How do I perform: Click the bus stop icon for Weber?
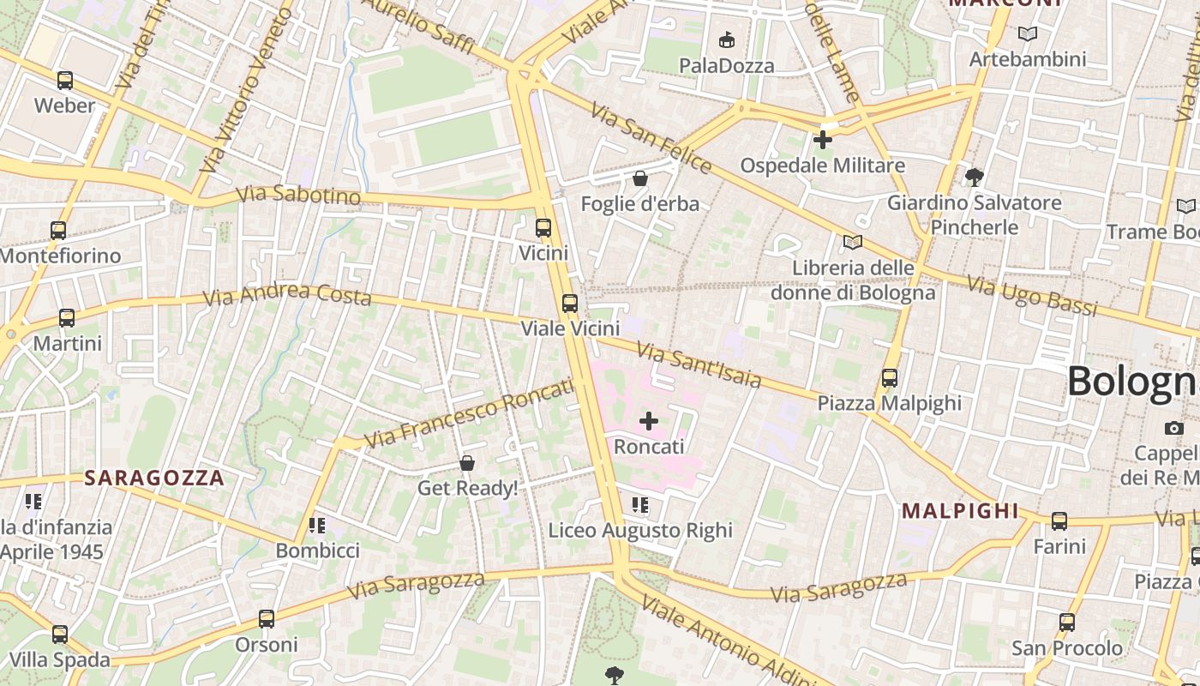coord(64,81)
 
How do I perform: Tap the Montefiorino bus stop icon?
coord(57,231)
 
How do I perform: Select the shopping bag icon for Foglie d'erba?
coord(639,178)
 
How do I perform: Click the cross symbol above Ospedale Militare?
coord(823,139)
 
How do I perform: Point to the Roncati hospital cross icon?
coord(649,421)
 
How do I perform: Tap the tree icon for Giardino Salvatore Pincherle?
coord(974,178)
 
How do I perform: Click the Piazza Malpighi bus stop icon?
coord(890,377)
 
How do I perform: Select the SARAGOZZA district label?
coord(154,478)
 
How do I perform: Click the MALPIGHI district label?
coord(960,512)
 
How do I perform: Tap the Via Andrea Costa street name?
coord(287,295)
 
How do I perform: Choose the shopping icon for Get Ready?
coord(467,463)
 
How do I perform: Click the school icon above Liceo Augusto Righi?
coord(639,505)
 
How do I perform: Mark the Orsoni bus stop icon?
coord(267,619)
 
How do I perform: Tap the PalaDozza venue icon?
coord(726,39)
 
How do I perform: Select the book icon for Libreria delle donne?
coord(852,243)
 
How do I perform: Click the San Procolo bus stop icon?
coord(1066,623)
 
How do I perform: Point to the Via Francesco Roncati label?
coord(469,413)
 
